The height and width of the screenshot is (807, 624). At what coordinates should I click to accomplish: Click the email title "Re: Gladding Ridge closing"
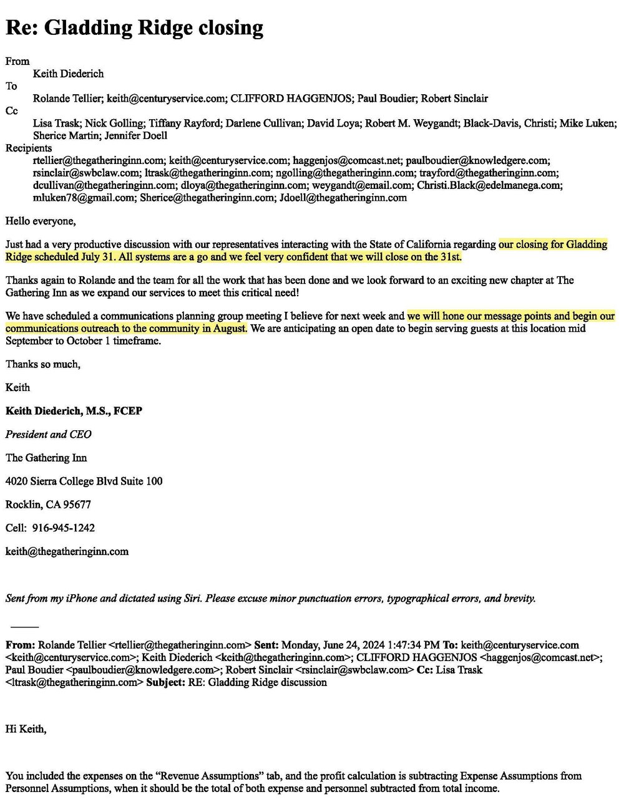(x=134, y=28)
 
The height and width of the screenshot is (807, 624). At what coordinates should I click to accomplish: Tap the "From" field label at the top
(x=17, y=61)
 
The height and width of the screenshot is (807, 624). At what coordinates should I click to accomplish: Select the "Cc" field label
(x=12, y=111)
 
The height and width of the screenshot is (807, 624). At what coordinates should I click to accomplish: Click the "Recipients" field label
(x=29, y=148)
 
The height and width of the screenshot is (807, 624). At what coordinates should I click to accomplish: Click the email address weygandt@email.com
(x=362, y=185)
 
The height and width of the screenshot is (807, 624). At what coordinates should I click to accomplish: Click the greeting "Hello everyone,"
(x=41, y=220)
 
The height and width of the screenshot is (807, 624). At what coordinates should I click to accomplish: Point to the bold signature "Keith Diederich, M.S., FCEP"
(x=74, y=411)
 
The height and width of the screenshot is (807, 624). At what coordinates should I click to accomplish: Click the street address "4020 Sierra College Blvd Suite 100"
(x=84, y=481)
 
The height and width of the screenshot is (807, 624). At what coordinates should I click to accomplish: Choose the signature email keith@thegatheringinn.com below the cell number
(x=67, y=551)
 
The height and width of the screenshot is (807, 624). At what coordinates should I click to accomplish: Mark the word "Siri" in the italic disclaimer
(x=189, y=599)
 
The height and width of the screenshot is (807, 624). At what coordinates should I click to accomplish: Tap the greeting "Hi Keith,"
(x=26, y=728)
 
